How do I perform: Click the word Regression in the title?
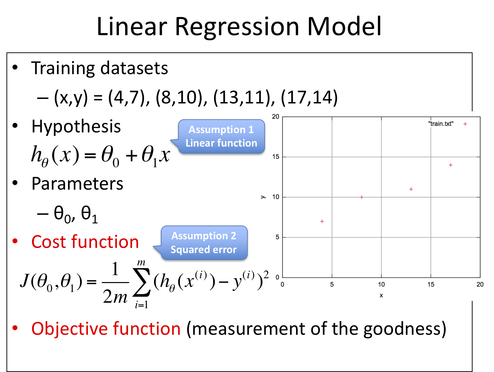(x=237, y=27)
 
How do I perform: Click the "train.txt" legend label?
(x=441, y=124)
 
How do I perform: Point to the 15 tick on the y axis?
(x=275, y=157)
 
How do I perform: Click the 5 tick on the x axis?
(x=332, y=284)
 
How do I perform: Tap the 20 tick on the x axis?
(x=480, y=284)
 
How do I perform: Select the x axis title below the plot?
(x=381, y=295)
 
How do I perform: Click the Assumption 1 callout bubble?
(x=221, y=136)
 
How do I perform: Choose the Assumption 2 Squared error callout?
(x=204, y=242)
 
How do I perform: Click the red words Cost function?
(x=85, y=242)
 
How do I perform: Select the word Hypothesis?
(x=76, y=126)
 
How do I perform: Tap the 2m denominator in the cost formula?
(x=115, y=296)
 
